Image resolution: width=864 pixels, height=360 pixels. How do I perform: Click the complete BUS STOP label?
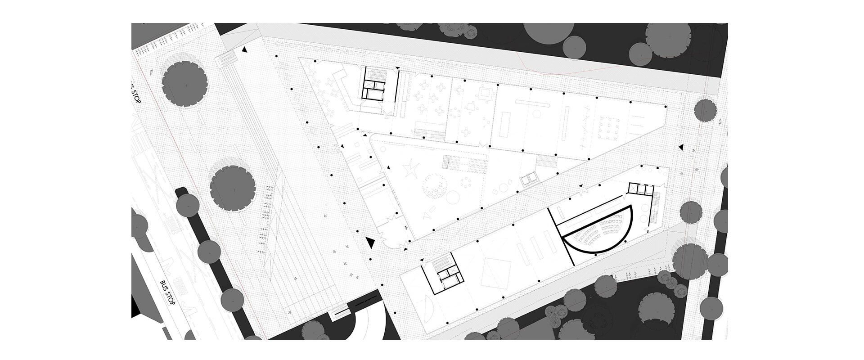click(167, 293)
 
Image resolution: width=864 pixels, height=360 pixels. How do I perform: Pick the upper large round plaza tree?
click(185, 83)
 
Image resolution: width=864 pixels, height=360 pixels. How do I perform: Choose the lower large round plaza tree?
click(233, 189)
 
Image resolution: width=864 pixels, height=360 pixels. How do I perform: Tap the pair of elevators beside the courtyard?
click(528, 180)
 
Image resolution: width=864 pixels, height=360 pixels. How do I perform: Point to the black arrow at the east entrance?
click(681, 147)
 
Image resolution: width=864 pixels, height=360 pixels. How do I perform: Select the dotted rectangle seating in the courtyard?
click(465, 163)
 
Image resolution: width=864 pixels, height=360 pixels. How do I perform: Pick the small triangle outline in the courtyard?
click(433, 209)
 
